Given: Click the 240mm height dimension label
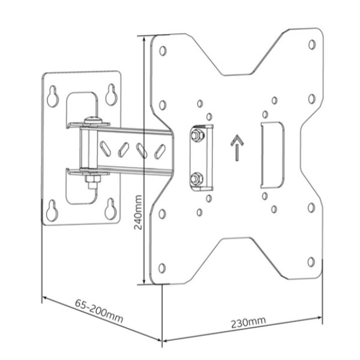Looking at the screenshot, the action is coord(138,212).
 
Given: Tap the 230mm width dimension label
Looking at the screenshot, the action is coord(248,322).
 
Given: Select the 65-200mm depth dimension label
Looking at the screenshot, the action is coord(99,310).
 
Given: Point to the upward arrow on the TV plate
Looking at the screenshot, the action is coord(237,148).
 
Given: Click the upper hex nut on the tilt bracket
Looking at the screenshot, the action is coord(197,135).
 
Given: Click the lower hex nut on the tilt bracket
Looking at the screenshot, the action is coord(197,178).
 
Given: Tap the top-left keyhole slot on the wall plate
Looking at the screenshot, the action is coord(53,96).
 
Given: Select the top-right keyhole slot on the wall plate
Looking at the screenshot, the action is coord(112,95).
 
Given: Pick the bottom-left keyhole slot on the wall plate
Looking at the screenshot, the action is coord(52,211).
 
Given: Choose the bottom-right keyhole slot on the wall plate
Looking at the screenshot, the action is coord(110,209).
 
